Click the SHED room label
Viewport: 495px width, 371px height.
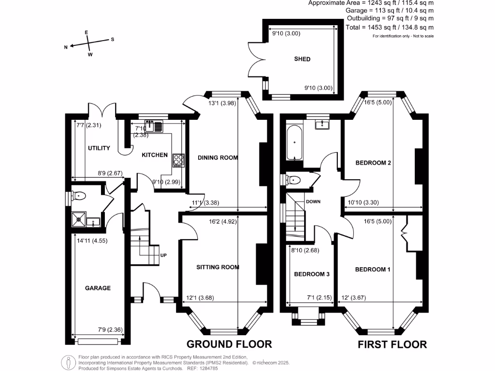[x=302, y=59]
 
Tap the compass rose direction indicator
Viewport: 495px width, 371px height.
[x=89, y=43]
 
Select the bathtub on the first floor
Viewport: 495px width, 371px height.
[x=294, y=143]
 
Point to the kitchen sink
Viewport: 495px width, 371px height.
[x=156, y=127]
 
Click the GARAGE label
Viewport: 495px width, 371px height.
[x=98, y=288]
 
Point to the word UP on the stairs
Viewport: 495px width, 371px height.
[x=163, y=256]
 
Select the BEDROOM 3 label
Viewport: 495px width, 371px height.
[x=312, y=274]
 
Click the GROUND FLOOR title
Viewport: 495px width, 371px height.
[x=230, y=344]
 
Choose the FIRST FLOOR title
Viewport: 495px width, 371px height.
[x=392, y=344]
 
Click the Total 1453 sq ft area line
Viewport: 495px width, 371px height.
[x=390, y=28]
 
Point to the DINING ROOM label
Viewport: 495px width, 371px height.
[x=218, y=157]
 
